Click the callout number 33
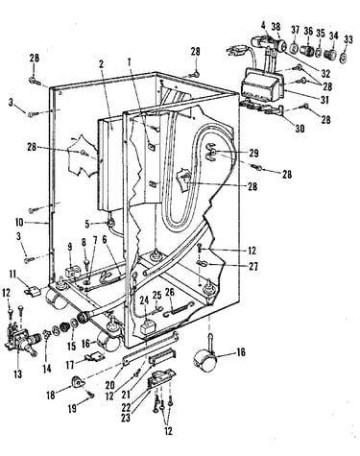(x=348, y=40)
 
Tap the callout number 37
(x=295, y=31)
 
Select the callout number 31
(x=324, y=100)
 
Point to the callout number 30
(x=300, y=129)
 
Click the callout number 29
(x=253, y=153)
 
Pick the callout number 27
(x=253, y=266)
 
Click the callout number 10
(x=19, y=222)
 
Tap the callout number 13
(x=18, y=373)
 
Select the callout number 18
(x=51, y=396)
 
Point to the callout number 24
(x=144, y=300)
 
